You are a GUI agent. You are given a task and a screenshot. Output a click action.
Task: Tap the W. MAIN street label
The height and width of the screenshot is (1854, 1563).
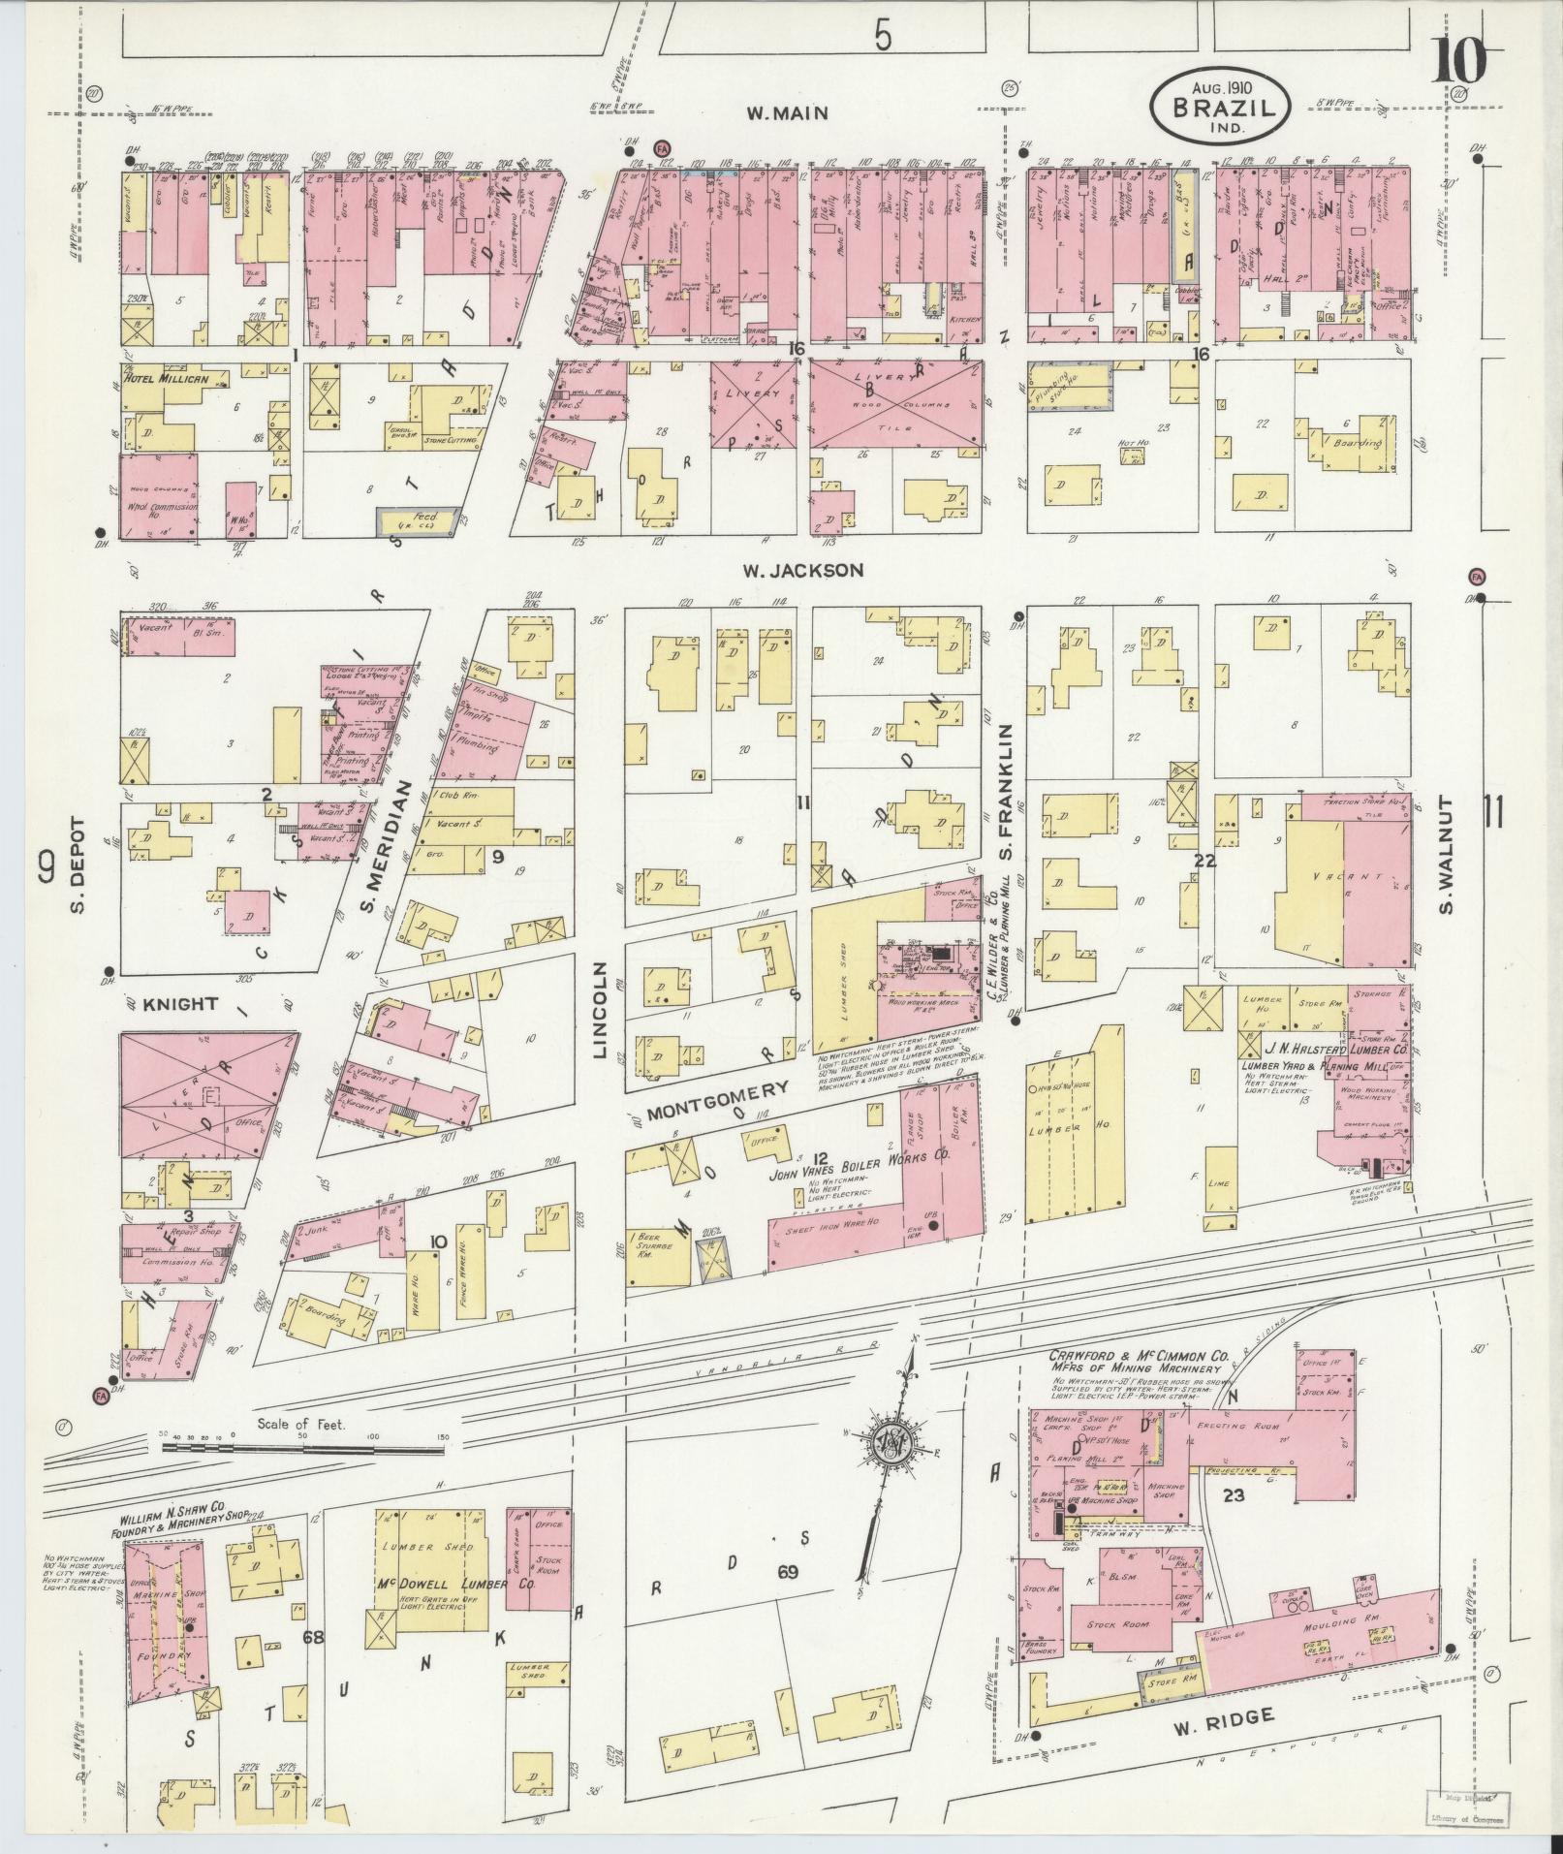[x=787, y=113]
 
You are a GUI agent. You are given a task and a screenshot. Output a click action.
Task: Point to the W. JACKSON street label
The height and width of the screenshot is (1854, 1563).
[x=802, y=570]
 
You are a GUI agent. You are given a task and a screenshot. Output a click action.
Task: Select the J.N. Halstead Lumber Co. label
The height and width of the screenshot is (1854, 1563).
[x=1324, y=1049]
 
